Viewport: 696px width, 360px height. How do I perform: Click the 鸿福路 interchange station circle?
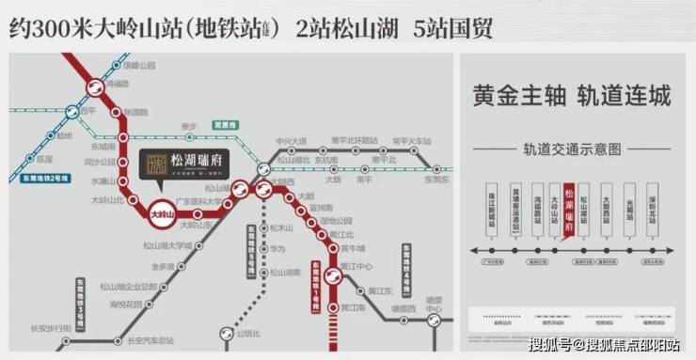coord(96,86)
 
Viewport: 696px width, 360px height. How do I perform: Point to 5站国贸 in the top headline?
coord(451,27)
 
